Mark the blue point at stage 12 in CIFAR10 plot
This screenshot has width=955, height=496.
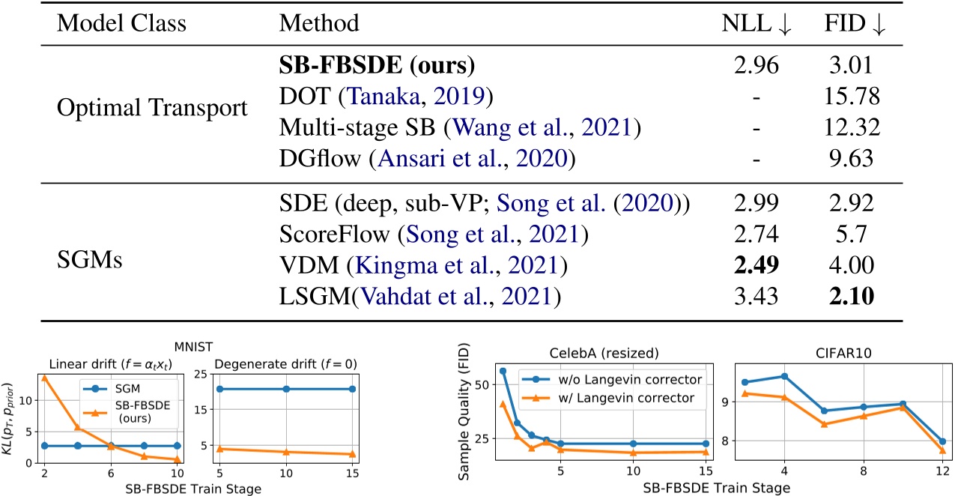point(942,441)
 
